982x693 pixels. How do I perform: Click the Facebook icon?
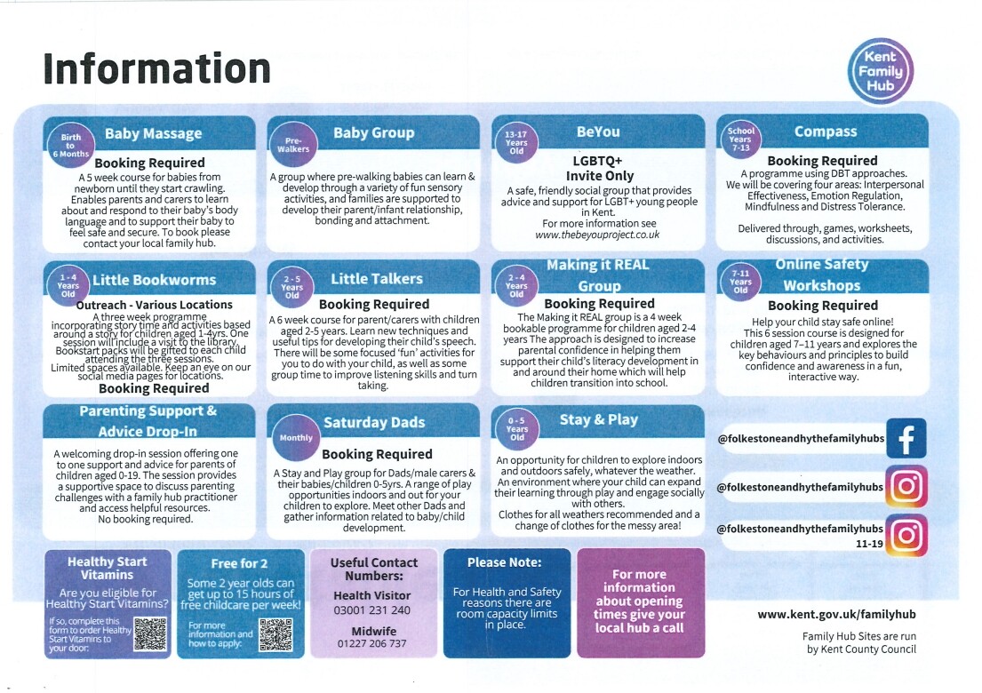point(906,438)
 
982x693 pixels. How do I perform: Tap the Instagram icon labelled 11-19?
point(906,535)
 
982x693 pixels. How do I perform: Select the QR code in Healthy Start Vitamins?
point(150,632)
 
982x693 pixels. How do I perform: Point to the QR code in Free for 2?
point(275,633)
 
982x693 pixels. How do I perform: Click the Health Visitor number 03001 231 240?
point(372,610)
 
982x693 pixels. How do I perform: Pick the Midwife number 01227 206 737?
point(372,643)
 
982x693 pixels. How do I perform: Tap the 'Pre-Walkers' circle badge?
point(297,145)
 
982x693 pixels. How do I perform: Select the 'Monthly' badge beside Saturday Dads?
point(296,437)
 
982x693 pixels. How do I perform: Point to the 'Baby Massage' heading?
point(153,134)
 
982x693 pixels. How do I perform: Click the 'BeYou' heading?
point(598,131)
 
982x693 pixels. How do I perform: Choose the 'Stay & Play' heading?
point(598,419)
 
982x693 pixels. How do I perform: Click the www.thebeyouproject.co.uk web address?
point(597,235)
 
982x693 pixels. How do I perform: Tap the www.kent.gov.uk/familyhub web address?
point(836,614)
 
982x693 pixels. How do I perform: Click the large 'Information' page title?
point(156,68)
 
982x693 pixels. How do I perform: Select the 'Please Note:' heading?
point(504,562)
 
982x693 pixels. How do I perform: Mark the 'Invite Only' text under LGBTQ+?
point(597,176)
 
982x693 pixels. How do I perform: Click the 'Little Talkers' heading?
point(377,279)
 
